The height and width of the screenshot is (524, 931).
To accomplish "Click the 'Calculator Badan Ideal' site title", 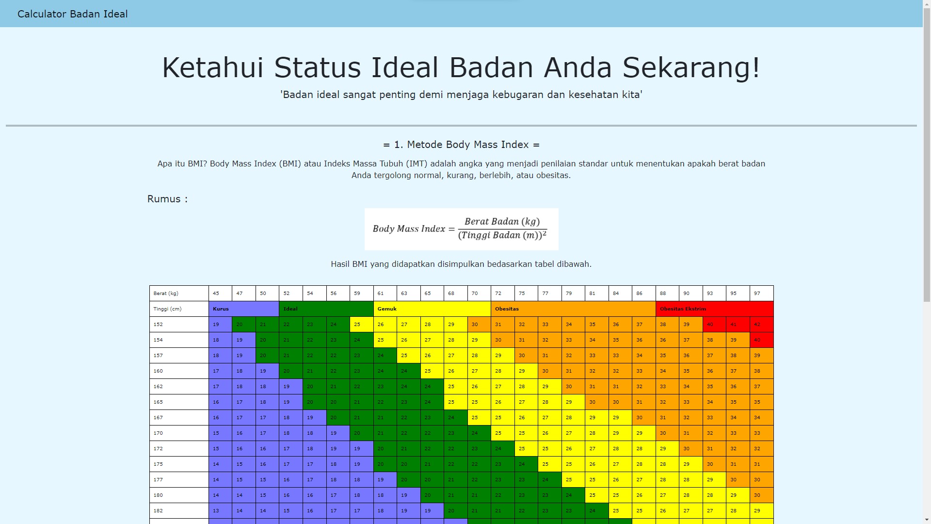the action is click(73, 14).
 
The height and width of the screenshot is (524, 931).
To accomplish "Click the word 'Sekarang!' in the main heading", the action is click(691, 67).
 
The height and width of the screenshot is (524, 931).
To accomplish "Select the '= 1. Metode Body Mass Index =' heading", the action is click(461, 145).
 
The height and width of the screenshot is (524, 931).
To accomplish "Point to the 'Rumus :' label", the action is click(167, 199).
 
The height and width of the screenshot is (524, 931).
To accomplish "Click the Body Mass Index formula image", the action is click(461, 229).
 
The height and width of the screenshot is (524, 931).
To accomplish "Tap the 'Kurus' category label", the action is click(221, 309).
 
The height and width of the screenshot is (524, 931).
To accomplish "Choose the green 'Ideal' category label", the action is click(290, 309).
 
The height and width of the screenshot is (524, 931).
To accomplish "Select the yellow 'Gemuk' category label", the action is click(387, 309).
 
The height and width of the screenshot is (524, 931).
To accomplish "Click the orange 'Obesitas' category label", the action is click(507, 309).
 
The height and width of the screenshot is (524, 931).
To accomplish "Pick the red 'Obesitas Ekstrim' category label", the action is click(683, 309).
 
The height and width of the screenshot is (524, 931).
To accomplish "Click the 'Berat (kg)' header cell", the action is click(179, 294).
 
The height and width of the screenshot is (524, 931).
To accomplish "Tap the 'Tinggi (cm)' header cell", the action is click(179, 309).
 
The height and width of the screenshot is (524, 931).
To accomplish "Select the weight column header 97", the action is click(762, 294).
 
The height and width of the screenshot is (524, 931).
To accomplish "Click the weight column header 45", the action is click(220, 294).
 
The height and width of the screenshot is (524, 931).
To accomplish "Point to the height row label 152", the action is click(179, 325).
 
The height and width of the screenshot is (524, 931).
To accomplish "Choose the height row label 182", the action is click(179, 511).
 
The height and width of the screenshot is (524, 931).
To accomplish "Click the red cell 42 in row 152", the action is click(762, 325).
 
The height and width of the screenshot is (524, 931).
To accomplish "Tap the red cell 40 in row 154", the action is click(762, 340).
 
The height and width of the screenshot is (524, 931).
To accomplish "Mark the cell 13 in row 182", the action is click(220, 511).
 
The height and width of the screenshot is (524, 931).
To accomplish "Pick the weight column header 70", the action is click(479, 294).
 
